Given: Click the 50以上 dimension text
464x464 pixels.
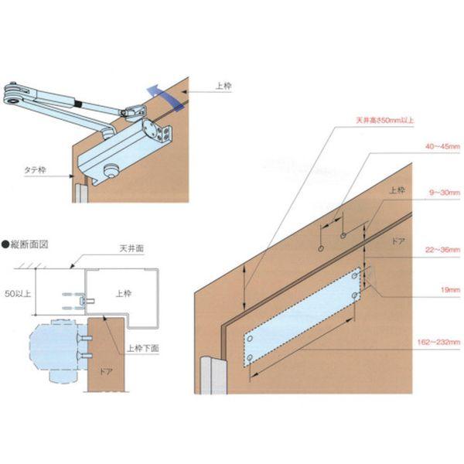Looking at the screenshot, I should click(18, 294).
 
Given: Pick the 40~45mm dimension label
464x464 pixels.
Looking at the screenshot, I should click(442, 146).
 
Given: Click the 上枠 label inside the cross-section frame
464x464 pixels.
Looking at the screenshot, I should click(125, 294).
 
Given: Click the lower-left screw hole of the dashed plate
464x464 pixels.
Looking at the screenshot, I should click(251, 357).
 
